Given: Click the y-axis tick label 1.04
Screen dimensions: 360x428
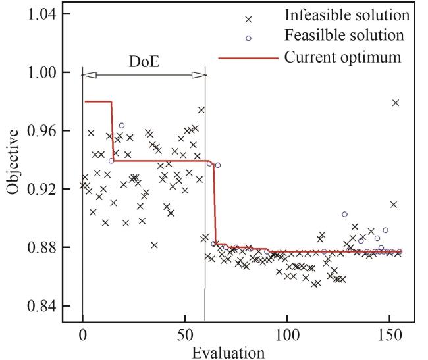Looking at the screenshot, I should pyautogui.click(x=50, y=14).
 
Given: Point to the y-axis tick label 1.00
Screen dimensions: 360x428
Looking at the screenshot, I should pyautogui.click(x=50, y=72).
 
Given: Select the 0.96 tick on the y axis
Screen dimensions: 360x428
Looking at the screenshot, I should pyautogui.click(x=50, y=131).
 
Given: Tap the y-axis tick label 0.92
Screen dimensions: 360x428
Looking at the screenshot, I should pyautogui.click(x=50, y=189).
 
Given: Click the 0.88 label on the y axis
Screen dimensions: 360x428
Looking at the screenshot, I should pyautogui.click(x=50, y=247).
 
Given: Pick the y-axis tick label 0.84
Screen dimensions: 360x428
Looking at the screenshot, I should pyautogui.click(x=50, y=306).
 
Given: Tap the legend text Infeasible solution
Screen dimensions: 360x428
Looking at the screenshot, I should pyautogui.click(x=348, y=14).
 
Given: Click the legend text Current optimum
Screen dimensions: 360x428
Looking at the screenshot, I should pyautogui.click(x=342, y=57).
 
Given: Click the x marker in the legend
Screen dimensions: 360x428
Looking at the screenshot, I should pyautogui.click(x=248, y=18).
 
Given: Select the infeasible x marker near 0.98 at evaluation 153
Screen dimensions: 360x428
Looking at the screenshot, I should pyautogui.click(x=396, y=103).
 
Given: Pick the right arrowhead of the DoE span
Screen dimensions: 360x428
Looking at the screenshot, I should pyautogui.click(x=199, y=75).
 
